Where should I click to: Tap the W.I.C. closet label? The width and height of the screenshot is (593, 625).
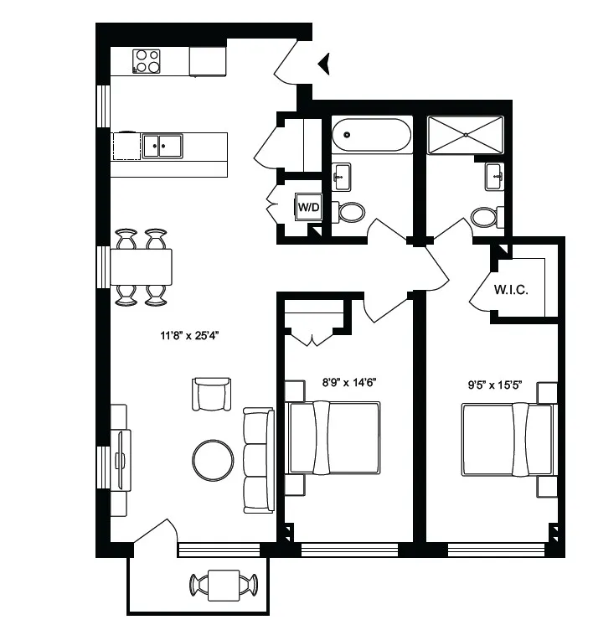pos(510,290)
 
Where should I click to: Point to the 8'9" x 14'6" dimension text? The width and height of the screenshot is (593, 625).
pos(350,382)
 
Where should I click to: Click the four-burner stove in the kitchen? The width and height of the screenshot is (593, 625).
pos(147,61)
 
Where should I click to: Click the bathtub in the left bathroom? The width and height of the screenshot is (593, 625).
pos(370,136)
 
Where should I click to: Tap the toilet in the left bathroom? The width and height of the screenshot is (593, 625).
pos(349,211)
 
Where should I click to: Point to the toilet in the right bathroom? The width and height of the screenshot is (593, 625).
pos(485,218)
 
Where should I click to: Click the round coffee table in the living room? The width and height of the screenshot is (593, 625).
pos(214,459)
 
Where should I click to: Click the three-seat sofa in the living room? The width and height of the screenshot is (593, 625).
pos(258,460)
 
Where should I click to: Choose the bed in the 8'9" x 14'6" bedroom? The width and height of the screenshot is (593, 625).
pos(333,438)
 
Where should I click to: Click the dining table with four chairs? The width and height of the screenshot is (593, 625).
pos(142,267)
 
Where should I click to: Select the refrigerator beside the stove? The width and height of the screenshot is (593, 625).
pos(208,61)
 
